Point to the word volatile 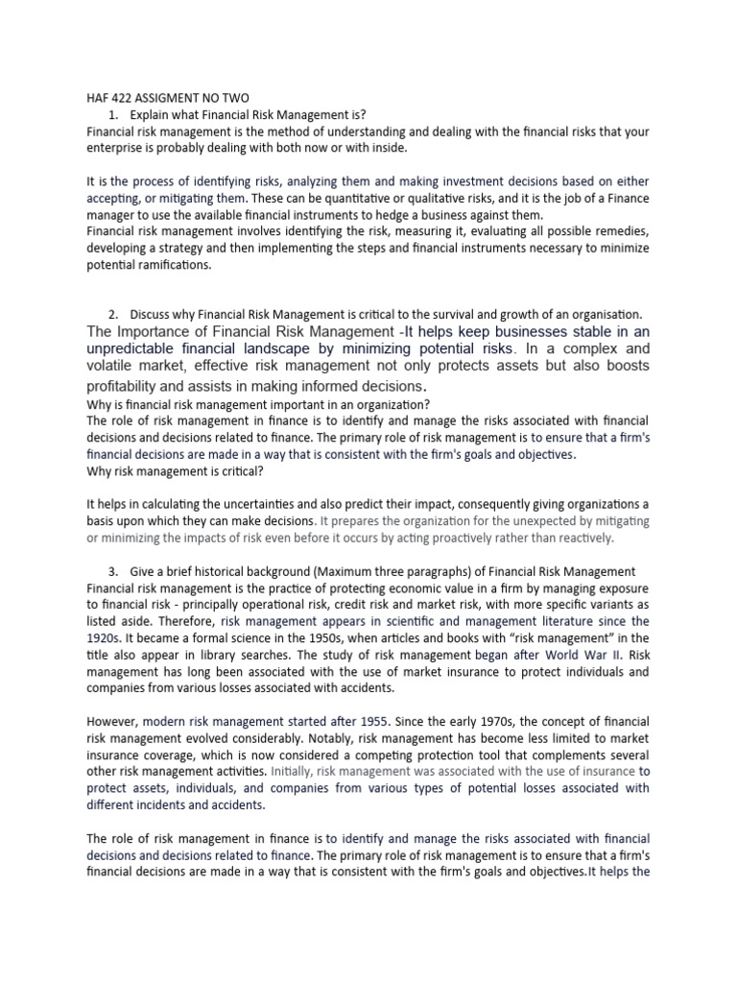(x=112, y=366)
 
